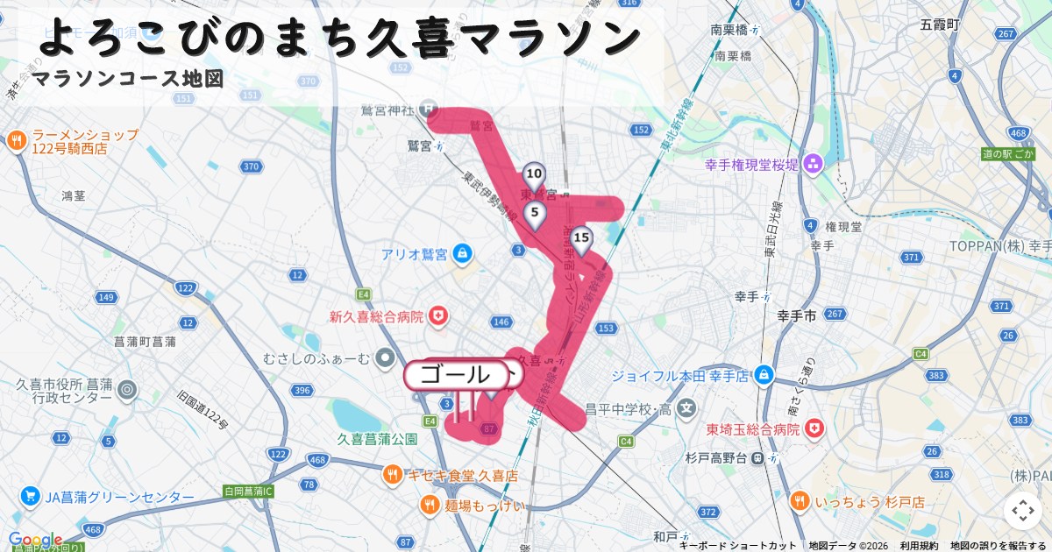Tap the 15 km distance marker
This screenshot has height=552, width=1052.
580,238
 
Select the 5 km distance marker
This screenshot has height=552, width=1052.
534,213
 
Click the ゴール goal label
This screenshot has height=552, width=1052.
456,375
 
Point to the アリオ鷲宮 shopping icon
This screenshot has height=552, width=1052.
463,255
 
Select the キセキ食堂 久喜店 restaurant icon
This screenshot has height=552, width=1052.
393,476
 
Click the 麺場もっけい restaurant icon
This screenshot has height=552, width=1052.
430,504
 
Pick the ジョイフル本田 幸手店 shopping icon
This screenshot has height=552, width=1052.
765,375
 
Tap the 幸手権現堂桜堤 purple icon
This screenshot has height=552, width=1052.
813,164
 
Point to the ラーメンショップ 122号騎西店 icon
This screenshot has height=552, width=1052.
17,141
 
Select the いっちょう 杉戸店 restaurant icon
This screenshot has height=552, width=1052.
799,502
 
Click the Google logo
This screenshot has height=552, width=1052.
35,540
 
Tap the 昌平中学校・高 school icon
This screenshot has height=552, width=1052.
686,407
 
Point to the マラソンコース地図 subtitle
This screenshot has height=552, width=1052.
128,79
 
